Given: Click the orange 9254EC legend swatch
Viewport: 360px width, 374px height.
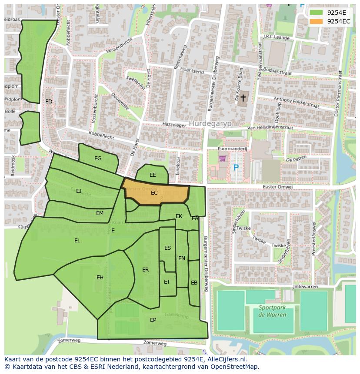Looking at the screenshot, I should tap(316, 21).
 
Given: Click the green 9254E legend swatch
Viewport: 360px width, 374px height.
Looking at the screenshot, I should tap(316, 13).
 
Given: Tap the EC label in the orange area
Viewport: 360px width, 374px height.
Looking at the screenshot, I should tap(154, 193).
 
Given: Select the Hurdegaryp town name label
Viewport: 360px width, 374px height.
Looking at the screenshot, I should tap(210, 123).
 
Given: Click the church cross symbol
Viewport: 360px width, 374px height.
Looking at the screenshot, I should tap(243, 98).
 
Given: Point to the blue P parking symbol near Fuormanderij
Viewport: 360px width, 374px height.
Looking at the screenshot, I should tap(236, 168).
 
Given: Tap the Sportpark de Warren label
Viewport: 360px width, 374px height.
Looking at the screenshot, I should tap(273, 311).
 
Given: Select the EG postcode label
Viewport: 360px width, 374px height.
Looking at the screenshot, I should tap(98, 159).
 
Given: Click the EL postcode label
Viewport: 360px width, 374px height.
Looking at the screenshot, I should tap(77, 241).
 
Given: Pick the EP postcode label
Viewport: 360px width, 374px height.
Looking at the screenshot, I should tap(153, 320).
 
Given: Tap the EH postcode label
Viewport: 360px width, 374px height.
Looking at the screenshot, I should tap(100, 278).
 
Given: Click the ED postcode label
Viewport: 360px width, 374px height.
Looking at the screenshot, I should tap(49, 102).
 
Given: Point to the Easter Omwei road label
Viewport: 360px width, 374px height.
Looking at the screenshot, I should tap(278, 187).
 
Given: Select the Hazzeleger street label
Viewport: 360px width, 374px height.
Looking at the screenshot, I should tap(174, 125).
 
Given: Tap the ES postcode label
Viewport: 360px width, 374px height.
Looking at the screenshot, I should tap(167, 248).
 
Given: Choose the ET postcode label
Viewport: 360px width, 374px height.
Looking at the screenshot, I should tap(167, 282).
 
